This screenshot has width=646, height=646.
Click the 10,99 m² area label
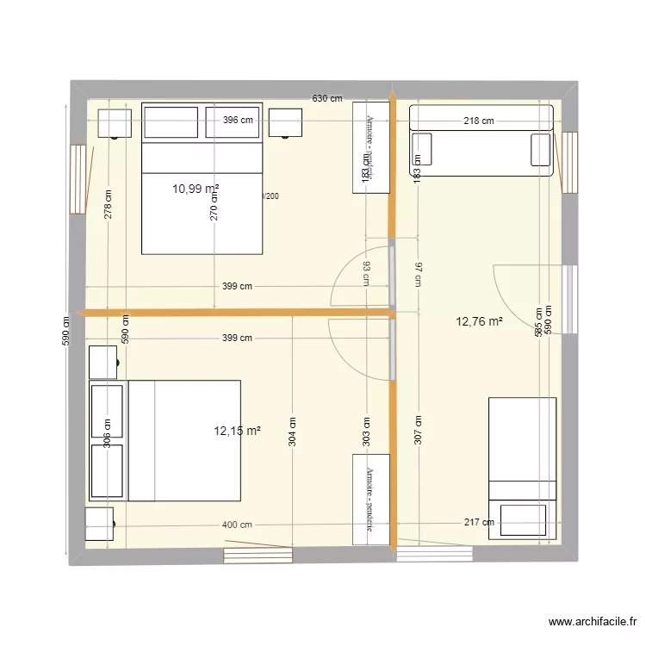pos(196,188)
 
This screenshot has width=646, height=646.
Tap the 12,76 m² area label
pos(480,322)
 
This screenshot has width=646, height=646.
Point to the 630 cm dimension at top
pos(327,99)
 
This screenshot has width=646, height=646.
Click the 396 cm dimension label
pos(238,121)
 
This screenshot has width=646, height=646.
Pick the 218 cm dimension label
pos(479,121)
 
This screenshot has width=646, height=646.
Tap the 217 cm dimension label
pos(479,522)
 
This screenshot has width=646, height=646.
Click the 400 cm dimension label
pos(237,525)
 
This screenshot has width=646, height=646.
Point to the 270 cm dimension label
pos(214,204)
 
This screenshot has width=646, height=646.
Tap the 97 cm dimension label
pos(419,274)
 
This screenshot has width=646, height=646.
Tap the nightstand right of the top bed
pos(286,122)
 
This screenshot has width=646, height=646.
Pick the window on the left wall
pos(78,178)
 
